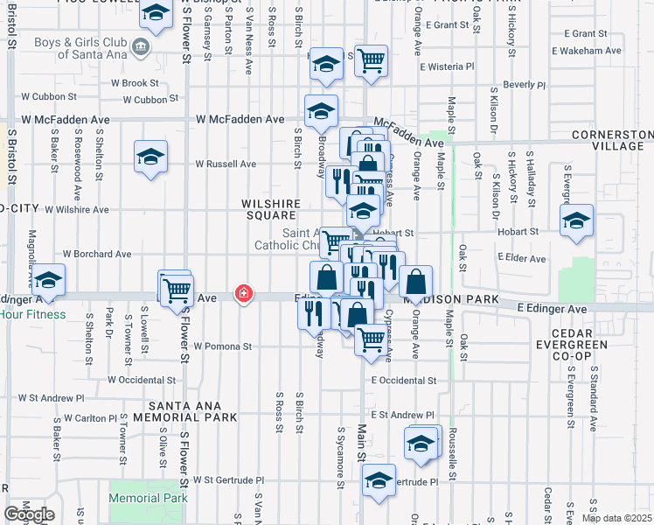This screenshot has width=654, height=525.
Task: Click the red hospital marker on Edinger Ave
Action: (243, 295)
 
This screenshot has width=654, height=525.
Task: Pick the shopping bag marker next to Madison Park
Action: (417, 282)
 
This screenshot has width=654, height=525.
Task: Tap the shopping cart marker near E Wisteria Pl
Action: (372, 60)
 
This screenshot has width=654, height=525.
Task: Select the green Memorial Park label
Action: (148, 498)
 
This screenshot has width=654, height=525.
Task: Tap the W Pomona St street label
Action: (223, 346)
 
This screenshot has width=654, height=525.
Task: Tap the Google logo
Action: (29, 514)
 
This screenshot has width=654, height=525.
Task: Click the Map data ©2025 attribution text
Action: (616, 518)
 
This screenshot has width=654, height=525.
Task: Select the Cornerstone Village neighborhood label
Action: (612, 140)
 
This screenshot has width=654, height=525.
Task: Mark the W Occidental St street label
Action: (142, 380)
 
